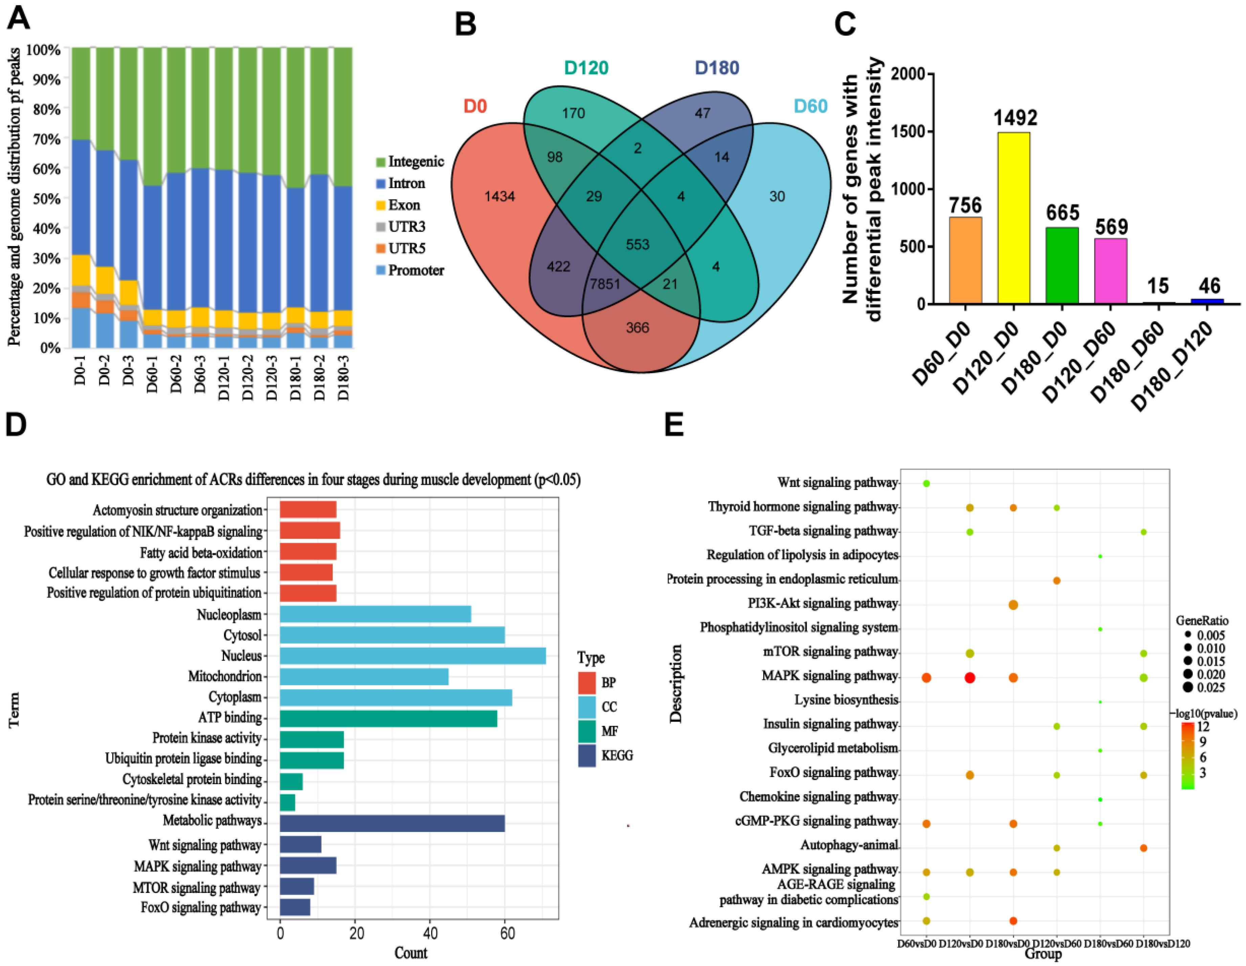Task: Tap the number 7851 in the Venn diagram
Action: pos(605,284)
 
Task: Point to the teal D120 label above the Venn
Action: pos(586,68)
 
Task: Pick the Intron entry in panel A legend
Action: pos(406,183)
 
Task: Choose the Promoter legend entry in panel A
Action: pos(415,270)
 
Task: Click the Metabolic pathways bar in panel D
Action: pos(392,823)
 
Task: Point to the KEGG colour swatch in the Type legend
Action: pos(586,755)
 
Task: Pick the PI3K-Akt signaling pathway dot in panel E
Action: pos(1013,605)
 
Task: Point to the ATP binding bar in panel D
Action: pos(388,718)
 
